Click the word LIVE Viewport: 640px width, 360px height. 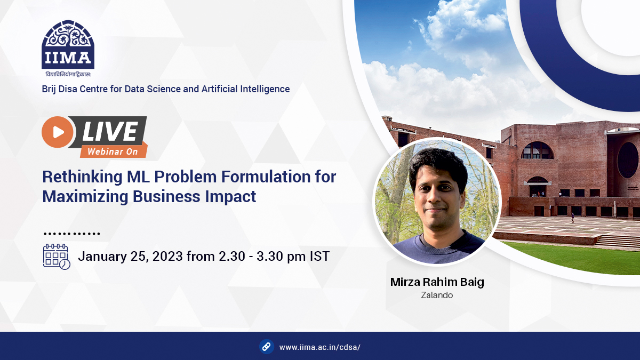tap(110, 131)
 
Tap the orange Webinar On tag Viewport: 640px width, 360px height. tap(113, 151)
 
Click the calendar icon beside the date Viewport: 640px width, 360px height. tap(57, 257)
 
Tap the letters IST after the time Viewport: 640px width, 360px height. tap(319, 257)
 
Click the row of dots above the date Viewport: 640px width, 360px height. tap(71, 234)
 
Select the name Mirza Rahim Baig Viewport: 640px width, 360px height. tap(437, 282)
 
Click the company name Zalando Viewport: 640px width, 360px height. tap(437, 295)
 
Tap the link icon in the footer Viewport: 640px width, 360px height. tap(267, 347)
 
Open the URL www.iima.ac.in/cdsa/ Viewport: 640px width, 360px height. tap(320, 347)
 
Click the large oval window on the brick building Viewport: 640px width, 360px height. tap(628, 160)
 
